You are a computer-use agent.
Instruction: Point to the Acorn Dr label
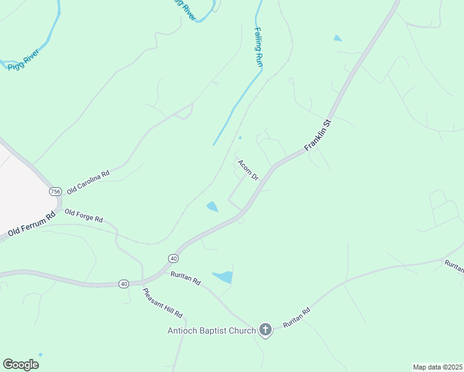click(x=248, y=170)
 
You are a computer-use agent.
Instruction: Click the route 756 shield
click(x=55, y=191)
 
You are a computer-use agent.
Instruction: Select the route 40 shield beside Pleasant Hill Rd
click(x=124, y=283)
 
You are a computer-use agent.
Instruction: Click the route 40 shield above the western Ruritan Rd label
click(x=173, y=257)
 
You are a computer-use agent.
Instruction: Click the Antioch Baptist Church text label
click(x=212, y=330)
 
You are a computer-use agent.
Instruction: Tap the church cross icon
click(x=265, y=330)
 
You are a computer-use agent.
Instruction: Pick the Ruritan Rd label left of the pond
click(x=187, y=280)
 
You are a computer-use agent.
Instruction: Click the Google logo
click(x=20, y=365)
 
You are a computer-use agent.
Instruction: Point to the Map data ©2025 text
click(x=437, y=367)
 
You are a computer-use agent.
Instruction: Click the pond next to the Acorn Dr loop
click(x=212, y=206)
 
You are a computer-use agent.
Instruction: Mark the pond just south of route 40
click(x=223, y=277)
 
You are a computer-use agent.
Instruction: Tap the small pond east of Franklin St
click(x=337, y=38)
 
